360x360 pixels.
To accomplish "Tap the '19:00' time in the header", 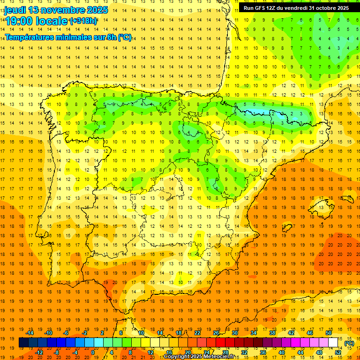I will pyautogui.click(x=19, y=21).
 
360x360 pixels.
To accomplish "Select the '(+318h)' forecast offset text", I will pyautogui.click(x=83, y=21).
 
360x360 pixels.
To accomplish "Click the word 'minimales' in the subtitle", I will pyautogui.click(x=72, y=37).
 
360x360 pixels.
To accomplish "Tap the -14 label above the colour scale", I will pyautogui.click(x=30, y=333).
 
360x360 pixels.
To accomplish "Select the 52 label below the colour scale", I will pyautogui.click(x=338, y=352).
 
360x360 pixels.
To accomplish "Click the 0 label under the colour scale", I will pyautogui.click(x=93, y=352).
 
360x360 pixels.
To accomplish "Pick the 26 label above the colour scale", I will pyautogui.click(x=216, y=333).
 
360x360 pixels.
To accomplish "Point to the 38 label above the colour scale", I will pyautogui.click(x=272, y=333).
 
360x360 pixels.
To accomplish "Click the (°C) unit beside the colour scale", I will pyautogui.click(x=349, y=343).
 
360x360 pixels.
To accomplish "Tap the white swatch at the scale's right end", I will pyautogui.click(x=333, y=343).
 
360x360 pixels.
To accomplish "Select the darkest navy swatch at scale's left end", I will pyautogui.click(x=23, y=343).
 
